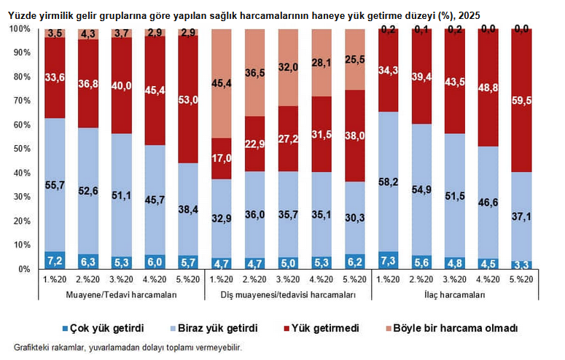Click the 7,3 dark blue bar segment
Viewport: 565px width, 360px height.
pos(388,260)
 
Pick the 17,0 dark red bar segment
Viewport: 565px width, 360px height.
pos(222,158)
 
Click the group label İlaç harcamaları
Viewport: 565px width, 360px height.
pos(455,295)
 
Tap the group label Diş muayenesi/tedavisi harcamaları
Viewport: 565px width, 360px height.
pos(288,295)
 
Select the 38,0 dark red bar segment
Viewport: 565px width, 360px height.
pos(354,136)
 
